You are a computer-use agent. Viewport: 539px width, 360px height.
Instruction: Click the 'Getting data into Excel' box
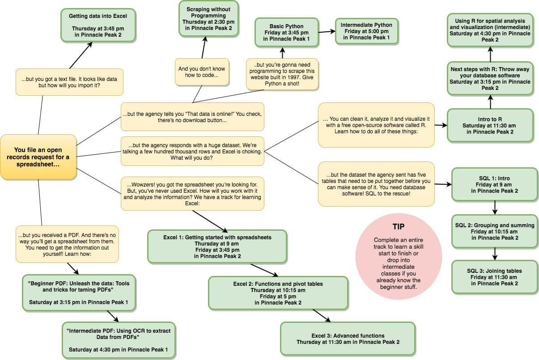(x=98, y=25)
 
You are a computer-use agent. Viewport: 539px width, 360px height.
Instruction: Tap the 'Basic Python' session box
(x=287, y=32)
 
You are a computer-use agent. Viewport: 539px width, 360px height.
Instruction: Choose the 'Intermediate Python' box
(x=366, y=31)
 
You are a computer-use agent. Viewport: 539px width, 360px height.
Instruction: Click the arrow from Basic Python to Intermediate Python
(x=327, y=31)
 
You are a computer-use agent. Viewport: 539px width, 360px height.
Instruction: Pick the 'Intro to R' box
(x=490, y=126)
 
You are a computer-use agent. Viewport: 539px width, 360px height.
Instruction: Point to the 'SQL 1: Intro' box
(x=494, y=184)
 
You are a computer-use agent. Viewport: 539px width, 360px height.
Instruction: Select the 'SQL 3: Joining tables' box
(x=494, y=277)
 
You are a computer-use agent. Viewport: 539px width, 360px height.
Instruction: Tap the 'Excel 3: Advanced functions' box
(x=348, y=339)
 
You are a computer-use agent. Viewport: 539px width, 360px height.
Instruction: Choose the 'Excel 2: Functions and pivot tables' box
(x=278, y=293)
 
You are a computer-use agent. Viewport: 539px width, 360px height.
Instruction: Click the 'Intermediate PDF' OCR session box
(x=119, y=340)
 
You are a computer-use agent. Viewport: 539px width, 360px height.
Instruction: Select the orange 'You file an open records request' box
(x=38, y=157)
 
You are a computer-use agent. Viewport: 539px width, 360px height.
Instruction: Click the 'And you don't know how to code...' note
(x=202, y=72)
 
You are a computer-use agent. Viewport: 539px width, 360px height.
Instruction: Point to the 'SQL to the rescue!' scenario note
(x=376, y=184)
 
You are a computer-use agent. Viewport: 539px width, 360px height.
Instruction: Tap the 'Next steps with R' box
(x=490, y=79)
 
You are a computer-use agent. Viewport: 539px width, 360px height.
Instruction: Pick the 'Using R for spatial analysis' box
(x=490, y=30)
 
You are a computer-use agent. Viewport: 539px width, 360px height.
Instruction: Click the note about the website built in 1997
(x=282, y=74)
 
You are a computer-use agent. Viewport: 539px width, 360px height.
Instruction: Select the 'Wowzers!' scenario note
(x=192, y=194)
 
